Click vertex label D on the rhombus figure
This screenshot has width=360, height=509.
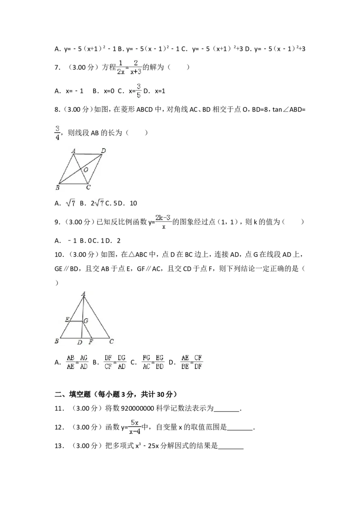pyautogui.click(x=103, y=151)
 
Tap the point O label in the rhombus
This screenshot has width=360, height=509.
pyautogui.click(x=86, y=170)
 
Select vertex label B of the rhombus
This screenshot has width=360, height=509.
pyautogui.click(x=58, y=188)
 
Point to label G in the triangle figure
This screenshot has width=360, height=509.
pyautogui.click(x=86, y=321)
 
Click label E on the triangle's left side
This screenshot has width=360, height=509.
pyautogui.click(x=67, y=319)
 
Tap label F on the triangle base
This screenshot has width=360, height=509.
pyautogui.click(x=90, y=342)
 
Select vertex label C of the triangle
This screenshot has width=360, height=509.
pyautogui.click(x=112, y=341)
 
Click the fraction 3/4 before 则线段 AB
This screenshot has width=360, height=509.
pyautogui.click(x=57, y=133)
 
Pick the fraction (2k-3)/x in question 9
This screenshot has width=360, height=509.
pyautogui.click(x=163, y=222)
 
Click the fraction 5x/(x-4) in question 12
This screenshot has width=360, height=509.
pyautogui.click(x=135, y=427)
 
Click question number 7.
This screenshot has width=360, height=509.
pyautogui.click(x=58, y=67)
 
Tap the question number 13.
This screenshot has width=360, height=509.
pyautogui.click(x=59, y=446)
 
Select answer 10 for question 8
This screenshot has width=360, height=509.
pyautogui.click(x=133, y=203)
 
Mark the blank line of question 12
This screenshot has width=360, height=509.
pyautogui.click(x=240, y=429)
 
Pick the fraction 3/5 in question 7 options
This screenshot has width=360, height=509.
pyautogui.click(x=139, y=91)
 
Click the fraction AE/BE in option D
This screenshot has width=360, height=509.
pyautogui.click(x=185, y=362)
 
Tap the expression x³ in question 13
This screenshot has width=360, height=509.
pyautogui.click(x=138, y=446)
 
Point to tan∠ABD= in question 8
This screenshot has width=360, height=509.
pyautogui.click(x=289, y=109)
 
